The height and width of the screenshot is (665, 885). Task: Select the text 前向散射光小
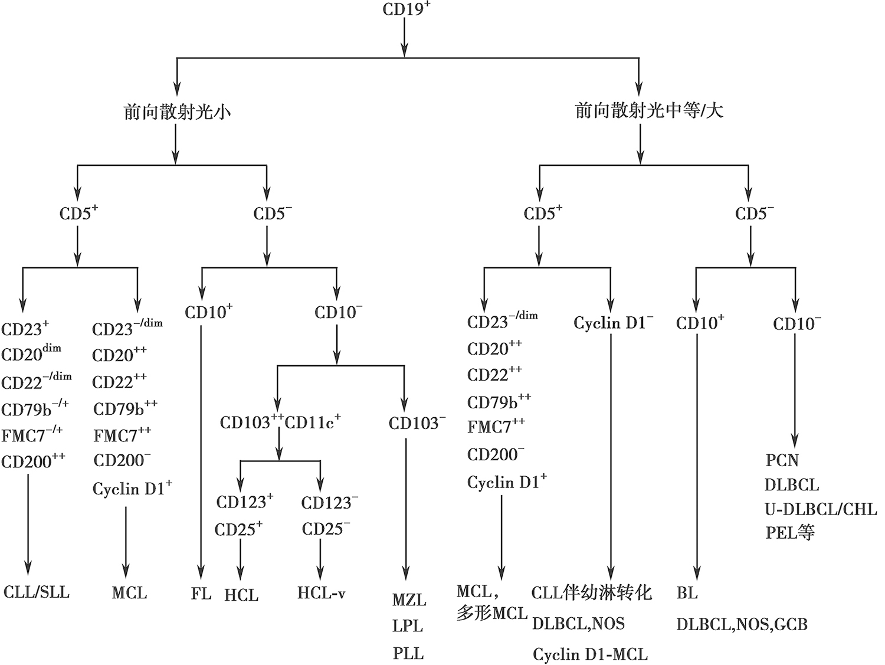tap(176, 112)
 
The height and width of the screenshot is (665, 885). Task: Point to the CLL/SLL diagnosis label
tap(37, 592)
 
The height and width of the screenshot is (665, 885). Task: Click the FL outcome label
tap(201, 593)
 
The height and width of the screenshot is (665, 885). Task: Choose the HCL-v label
tap(321, 593)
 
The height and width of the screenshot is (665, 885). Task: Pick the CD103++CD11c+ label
tap(280, 422)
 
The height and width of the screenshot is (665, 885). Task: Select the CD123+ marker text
tap(244, 502)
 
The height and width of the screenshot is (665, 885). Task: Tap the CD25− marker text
tap(326, 529)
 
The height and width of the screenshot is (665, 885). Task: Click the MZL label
tap(409, 600)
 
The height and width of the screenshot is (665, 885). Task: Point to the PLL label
tap(408, 653)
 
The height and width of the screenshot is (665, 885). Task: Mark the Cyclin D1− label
tap(613, 323)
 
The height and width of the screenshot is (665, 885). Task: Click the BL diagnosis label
tap(687, 593)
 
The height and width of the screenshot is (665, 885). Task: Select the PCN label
tap(782, 460)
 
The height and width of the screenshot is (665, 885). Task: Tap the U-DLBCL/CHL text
tap(821, 509)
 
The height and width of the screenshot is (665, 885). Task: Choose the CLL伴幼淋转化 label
tap(591, 592)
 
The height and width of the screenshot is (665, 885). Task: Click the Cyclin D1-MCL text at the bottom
tap(590, 654)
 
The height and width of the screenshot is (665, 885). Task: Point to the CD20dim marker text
tap(31, 353)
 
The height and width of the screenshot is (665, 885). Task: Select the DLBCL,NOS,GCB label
tap(742, 624)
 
